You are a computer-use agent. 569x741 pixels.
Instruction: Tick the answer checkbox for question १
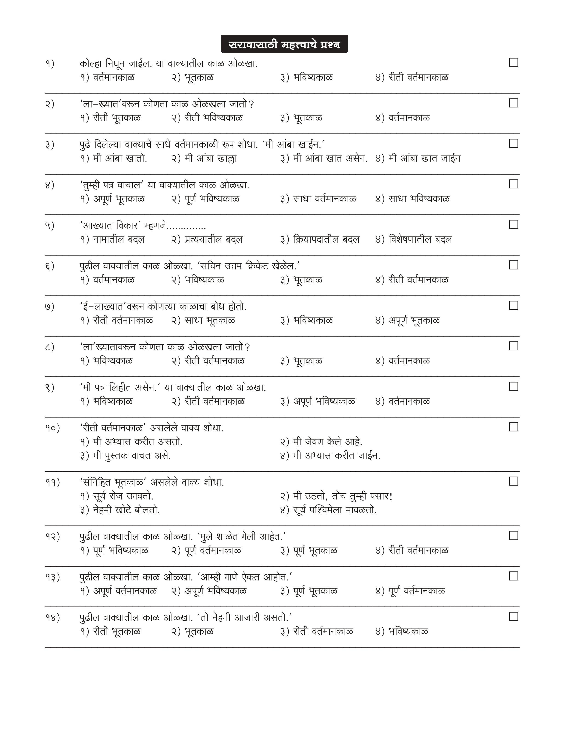(x=513, y=63)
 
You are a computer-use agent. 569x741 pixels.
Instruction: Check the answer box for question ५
(x=513, y=224)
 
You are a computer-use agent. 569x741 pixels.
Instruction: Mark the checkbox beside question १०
(x=513, y=427)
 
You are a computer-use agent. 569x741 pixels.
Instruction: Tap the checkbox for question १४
(x=513, y=616)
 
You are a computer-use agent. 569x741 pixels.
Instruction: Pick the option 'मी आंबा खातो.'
(x=120, y=158)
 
